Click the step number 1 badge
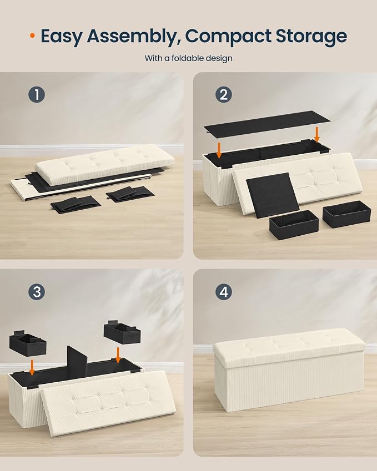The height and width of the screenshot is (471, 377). coord(37,95)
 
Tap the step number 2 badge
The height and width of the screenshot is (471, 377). coord(224,95)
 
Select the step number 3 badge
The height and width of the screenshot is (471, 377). coord(37,292)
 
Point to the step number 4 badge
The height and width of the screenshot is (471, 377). coord(224,292)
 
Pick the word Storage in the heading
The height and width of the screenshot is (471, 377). coord(311,37)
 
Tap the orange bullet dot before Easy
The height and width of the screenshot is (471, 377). coord(32,36)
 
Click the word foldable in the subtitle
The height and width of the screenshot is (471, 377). coord(186,58)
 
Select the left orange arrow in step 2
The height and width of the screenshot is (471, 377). coord(219,150)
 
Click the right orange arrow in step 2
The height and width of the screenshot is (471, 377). coord(316,134)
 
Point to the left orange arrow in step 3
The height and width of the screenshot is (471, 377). coord(32,368)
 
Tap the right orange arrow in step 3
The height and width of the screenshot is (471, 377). coord(118,355)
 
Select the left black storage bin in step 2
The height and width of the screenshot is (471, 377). coord(294,224)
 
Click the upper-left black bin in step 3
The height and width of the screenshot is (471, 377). coord(28,343)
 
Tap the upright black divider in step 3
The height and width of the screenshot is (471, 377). coord(77,361)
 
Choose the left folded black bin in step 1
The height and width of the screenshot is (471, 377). coord(76,204)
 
